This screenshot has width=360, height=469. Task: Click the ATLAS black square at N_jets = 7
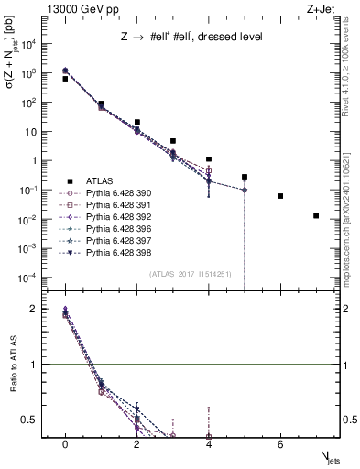point(316,216)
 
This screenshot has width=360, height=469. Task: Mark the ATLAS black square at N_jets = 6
point(280,196)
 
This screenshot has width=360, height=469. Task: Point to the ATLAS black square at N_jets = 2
point(136,122)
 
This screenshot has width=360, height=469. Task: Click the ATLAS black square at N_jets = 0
point(65,79)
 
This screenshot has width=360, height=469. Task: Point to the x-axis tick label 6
point(280,444)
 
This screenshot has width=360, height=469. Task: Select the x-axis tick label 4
point(209,444)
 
